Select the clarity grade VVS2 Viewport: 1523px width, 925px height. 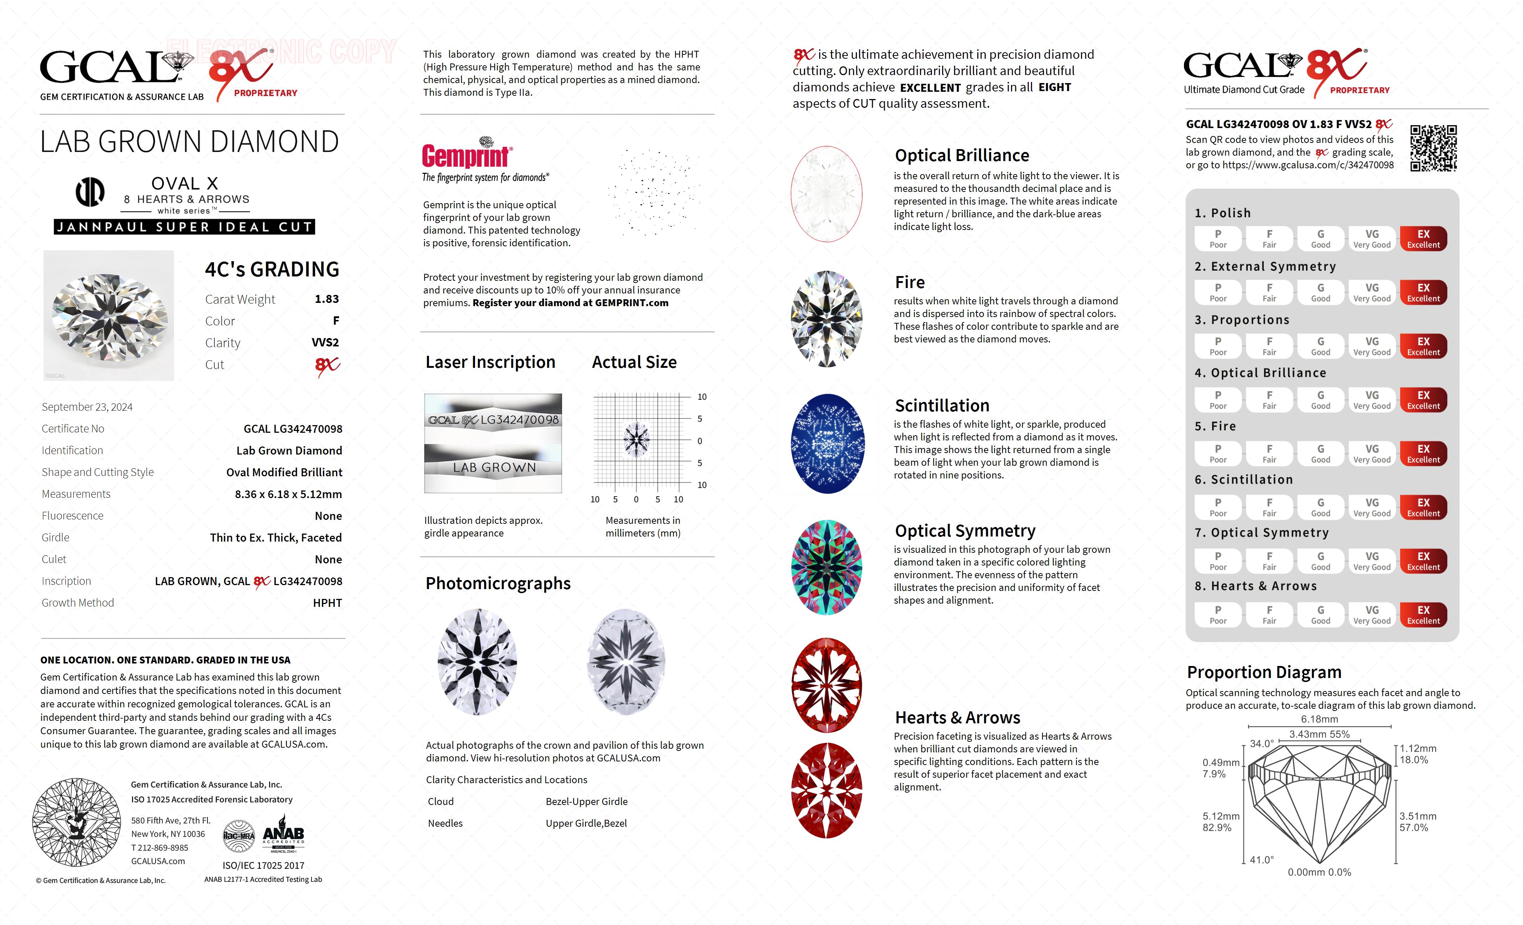click(325, 342)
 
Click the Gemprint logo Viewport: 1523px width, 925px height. click(467, 155)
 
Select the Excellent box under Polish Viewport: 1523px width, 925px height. click(1423, 239)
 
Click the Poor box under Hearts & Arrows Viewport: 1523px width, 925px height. click(1218, 614)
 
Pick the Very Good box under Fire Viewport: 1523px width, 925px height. click(1371, 453)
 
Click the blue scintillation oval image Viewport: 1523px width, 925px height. click(827, 443)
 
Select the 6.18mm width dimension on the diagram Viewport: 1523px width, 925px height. click(1319, 719)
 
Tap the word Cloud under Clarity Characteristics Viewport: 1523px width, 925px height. click(441, 801)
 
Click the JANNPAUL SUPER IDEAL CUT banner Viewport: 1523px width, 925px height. click(184, 227)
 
